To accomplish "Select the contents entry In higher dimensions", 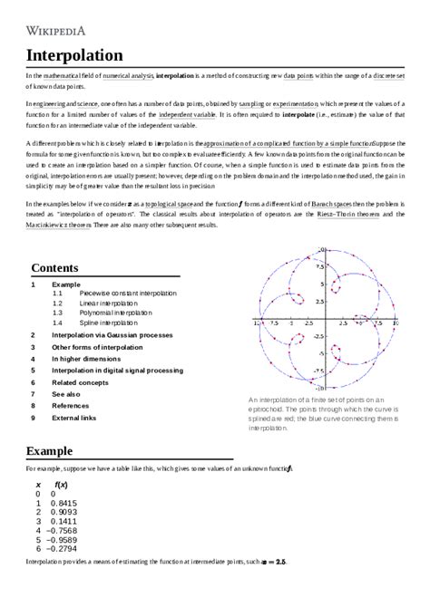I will [x=87, y=359].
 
